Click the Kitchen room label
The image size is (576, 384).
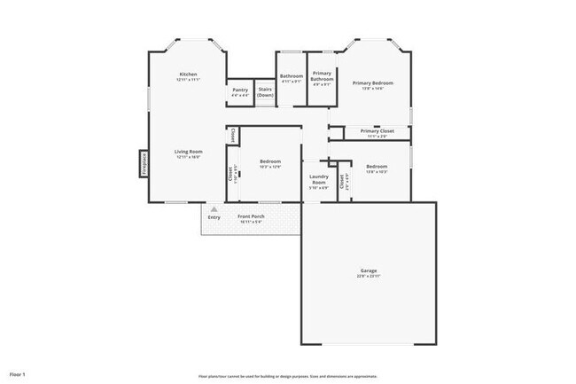188,74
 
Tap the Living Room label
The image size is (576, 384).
188,152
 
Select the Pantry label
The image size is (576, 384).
240,90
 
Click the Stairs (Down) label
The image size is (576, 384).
265,92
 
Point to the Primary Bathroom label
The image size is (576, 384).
322,77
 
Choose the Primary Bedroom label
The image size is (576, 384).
378,82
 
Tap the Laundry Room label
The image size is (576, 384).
319,179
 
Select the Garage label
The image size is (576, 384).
369,270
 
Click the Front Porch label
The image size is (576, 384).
251,217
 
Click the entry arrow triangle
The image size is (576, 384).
214,208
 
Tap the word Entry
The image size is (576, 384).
214,217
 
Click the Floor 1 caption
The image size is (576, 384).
18,373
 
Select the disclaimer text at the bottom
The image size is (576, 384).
287,374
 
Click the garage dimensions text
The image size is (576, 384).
369,277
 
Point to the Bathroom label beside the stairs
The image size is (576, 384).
292,76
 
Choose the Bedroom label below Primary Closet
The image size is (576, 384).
377,166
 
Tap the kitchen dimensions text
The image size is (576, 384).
188,80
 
